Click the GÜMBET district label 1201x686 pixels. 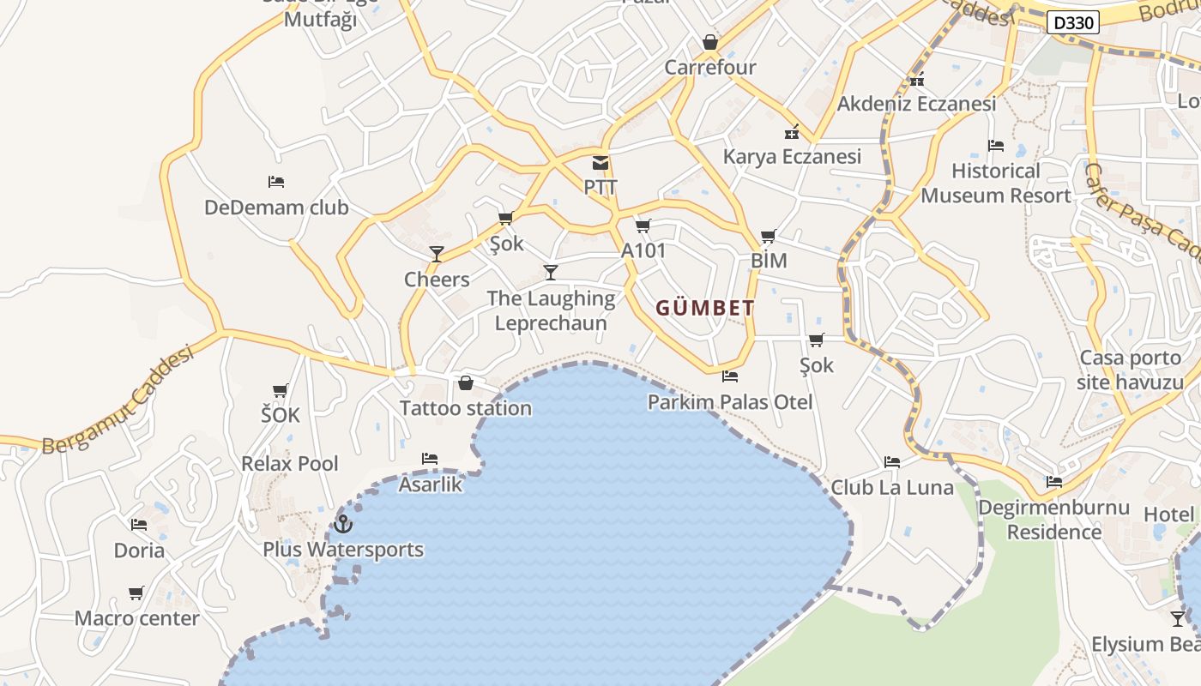(x=705, y=308)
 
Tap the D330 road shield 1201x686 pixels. (x=1072, y=23)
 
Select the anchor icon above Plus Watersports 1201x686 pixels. (x=343, y=523)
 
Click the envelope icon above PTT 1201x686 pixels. (x=600, y=163)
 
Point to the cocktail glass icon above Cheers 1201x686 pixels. (x=437, y=254)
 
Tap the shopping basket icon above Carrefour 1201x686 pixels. (x=709, y=42)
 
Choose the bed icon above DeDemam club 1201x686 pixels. (x=276, y=182)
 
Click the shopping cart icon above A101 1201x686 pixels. (x=643, y=226)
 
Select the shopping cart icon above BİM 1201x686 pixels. (x=768, y=236)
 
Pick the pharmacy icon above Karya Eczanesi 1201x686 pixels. (x=792, y=132)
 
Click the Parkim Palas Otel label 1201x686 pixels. (x=729, y=401)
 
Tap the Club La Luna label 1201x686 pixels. (x=892, y=487)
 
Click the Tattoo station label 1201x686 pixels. (x=466, y=408)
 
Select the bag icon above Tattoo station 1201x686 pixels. (x=466, y=382)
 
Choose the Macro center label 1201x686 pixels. (x=137, y=618)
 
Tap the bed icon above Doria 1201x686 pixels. (x=139, y=525)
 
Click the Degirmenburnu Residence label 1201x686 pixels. (x=1053, y=520)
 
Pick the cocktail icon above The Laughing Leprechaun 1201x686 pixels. (x=551, y=273)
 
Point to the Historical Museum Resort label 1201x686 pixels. (x=996, y=183)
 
